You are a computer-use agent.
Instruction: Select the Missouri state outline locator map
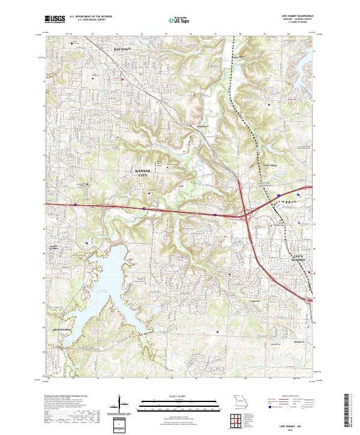pos(238,401)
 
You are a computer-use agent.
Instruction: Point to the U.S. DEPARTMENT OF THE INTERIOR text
pos(91,17)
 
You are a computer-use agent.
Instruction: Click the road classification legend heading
pos(282,397)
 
